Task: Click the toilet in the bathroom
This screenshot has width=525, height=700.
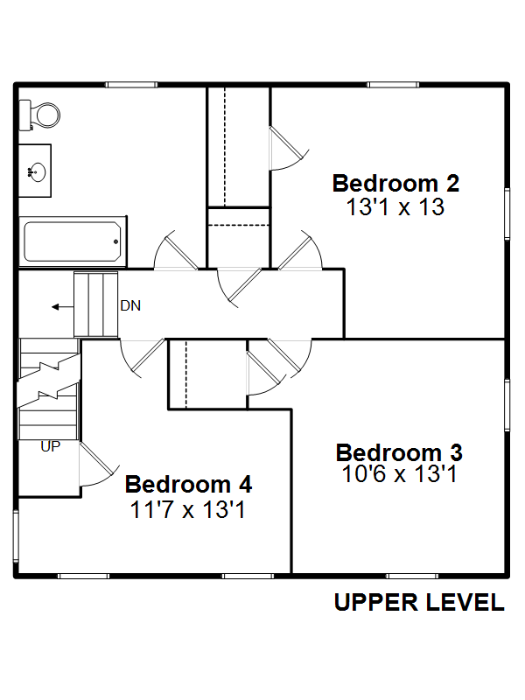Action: (39, 115)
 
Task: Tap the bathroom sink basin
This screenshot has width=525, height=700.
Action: (37, 171)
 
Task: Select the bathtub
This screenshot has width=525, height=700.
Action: (73, 241)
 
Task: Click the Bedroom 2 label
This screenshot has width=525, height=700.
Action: (395, 183)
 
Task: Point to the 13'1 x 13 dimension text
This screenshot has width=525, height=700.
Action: (395, 206)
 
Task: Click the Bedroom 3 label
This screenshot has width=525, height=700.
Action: (399, 452)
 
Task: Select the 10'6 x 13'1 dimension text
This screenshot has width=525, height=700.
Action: (400, 473)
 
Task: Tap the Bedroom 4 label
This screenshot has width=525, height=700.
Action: (188, 484)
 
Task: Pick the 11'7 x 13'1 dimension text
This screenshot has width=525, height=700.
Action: (187, 509)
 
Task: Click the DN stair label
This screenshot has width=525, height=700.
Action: (130, 305)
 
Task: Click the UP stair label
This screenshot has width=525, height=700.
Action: (50, 446)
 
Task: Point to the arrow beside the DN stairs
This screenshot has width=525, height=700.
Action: (62, 307)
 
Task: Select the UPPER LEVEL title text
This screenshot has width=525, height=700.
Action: (419, 602)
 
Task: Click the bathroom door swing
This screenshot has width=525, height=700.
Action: (175, 251)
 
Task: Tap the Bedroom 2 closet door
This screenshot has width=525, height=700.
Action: (288, 148)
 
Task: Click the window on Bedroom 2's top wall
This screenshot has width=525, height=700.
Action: (393, 85)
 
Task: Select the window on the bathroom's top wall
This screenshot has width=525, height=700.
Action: (131, 85)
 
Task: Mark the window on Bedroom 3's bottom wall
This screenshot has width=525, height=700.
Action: (412, 577)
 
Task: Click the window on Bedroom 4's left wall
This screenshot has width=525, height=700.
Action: (16, 535)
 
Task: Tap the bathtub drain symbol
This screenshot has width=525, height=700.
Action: (116, 241)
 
